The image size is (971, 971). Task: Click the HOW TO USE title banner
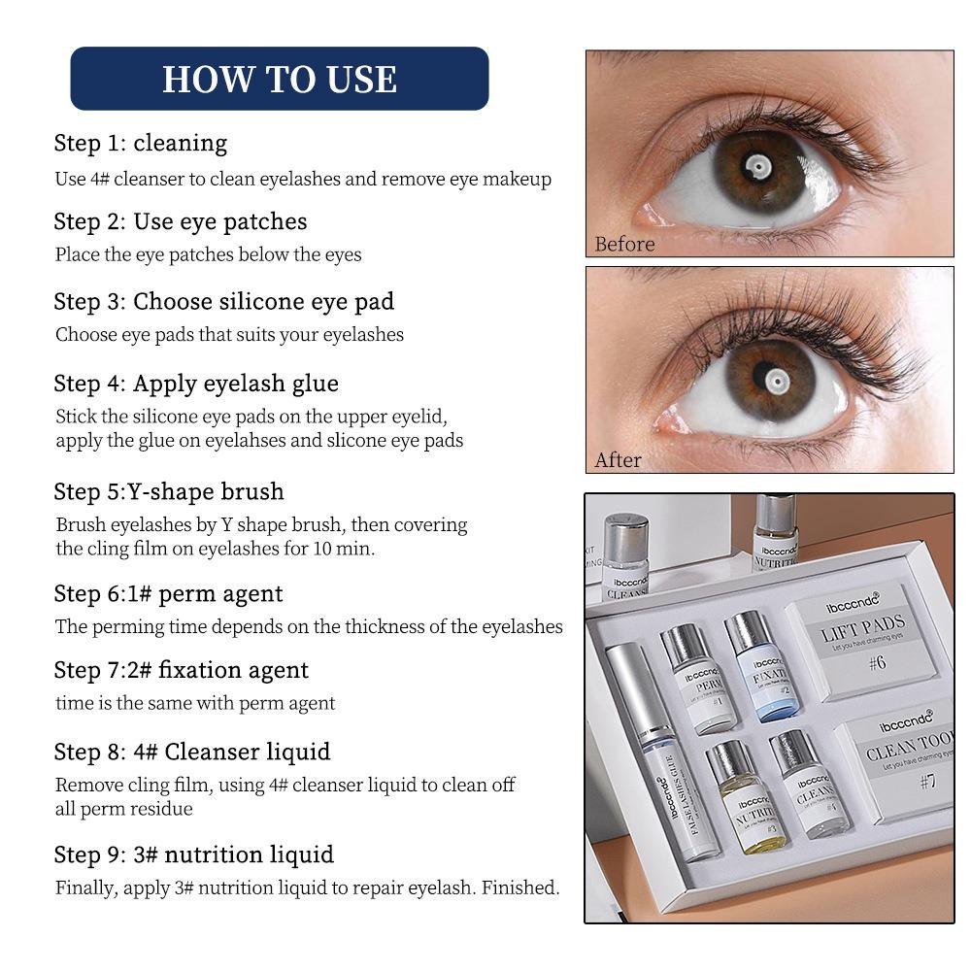[280, 79]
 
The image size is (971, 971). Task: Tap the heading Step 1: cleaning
[141, 143]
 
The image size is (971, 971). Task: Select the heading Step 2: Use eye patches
[181, 221]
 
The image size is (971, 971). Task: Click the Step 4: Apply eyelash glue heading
[196, 384]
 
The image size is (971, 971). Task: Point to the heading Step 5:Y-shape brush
[169, 491]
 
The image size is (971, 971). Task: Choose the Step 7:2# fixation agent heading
[182, 670]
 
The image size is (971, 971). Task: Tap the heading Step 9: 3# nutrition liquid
[194, 854]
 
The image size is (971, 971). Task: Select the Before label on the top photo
[624, 244]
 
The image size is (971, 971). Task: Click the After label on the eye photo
[618, 460]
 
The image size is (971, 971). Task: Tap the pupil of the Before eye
[756, 167]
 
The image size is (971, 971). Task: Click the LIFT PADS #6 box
[862, 638]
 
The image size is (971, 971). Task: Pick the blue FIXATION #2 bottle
[763, 667]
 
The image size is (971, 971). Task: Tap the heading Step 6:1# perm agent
[169, 593]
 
